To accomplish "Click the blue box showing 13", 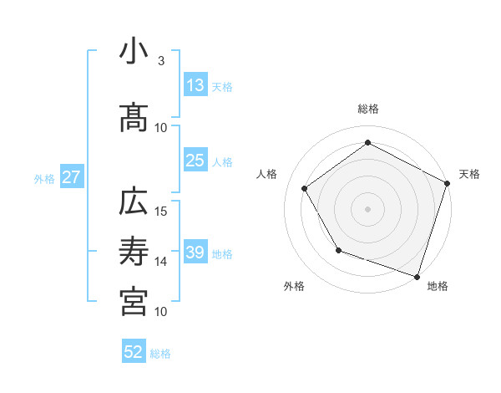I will (x=195, y=86).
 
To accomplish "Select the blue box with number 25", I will (x=195, y=161).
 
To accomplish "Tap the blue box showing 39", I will (x=195, y=253).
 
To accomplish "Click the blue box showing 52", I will (x=134, y=353).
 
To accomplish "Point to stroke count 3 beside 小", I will (x=161, y=61).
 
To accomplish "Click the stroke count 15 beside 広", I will (x=161, y=211).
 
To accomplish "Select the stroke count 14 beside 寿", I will (x=161, y=261).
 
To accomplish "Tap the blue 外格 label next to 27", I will (x=44, y=178).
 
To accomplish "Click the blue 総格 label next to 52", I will (x=161, y=354).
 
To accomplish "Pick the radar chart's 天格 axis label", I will (x=469, y=174).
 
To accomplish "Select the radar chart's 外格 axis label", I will (x=294, y=286).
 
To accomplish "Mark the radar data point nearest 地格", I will (x=417, y=276).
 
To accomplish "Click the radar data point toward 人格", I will (x=305, y=188).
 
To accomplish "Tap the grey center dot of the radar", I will (x=367, y=208).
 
